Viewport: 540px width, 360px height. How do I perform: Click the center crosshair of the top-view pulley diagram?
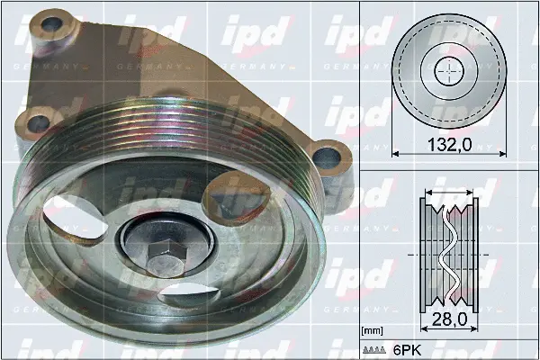[x=446, y=71]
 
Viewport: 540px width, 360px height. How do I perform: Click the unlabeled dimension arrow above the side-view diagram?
[x=446, y=191]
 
